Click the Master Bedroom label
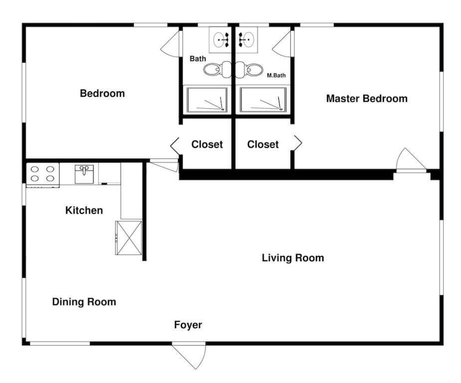point(367,98)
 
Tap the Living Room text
point(293,258)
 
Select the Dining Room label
point(84,302)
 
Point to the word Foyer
point(188,325)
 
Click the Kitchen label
point(84,210)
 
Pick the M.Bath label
point(276,75)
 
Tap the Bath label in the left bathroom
point(198,59)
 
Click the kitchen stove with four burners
point(42,175)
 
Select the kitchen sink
point(84,174)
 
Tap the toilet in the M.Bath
point(249,70)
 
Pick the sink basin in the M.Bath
point(246,40)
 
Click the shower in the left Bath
point(207,100)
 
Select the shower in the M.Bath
point(263,100)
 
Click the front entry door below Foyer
point(189,356)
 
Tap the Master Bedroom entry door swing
point(411,160)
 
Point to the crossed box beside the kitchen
point(129,238)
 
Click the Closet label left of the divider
point(207,144)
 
